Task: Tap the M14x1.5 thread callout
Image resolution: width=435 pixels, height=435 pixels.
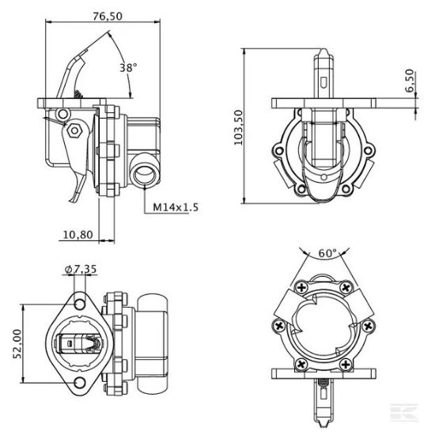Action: tap(175, 207)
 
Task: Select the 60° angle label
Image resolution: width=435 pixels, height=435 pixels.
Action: tap(326, 253)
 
